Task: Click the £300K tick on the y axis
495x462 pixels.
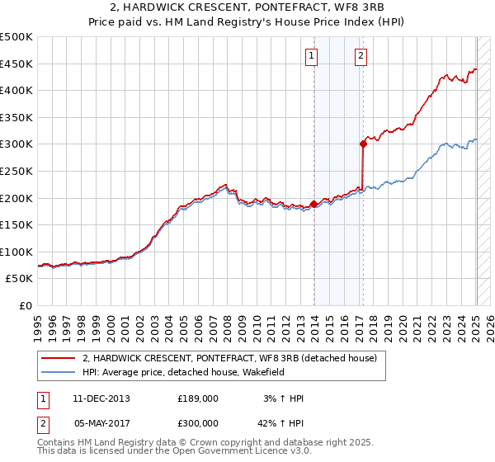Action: (x=16, y=144)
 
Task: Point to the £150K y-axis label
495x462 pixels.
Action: (x=16, y=224)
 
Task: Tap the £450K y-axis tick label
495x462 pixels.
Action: (x=16, y=64)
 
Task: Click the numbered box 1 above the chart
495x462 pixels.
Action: (x=312, y=56)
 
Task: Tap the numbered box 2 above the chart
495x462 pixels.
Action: (x=361, y=56)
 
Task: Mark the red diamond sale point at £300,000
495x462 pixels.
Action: (x=363, y=144)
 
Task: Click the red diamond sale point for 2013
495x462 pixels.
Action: (x=313, y=204)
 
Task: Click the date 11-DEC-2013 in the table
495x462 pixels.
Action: (x=101, y=398)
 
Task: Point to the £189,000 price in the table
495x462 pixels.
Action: (x=198, y=398)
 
